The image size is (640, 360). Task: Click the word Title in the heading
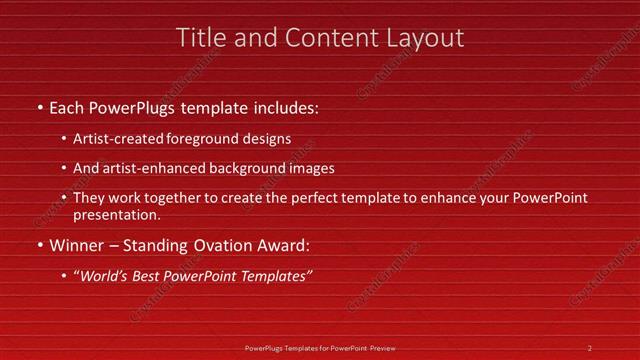point(200,38)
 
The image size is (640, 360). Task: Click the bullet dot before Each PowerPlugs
point(39,107)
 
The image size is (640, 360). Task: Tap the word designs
point(263,140)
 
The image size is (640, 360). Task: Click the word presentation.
point(117,215)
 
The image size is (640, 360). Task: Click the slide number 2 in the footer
point(590,347)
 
